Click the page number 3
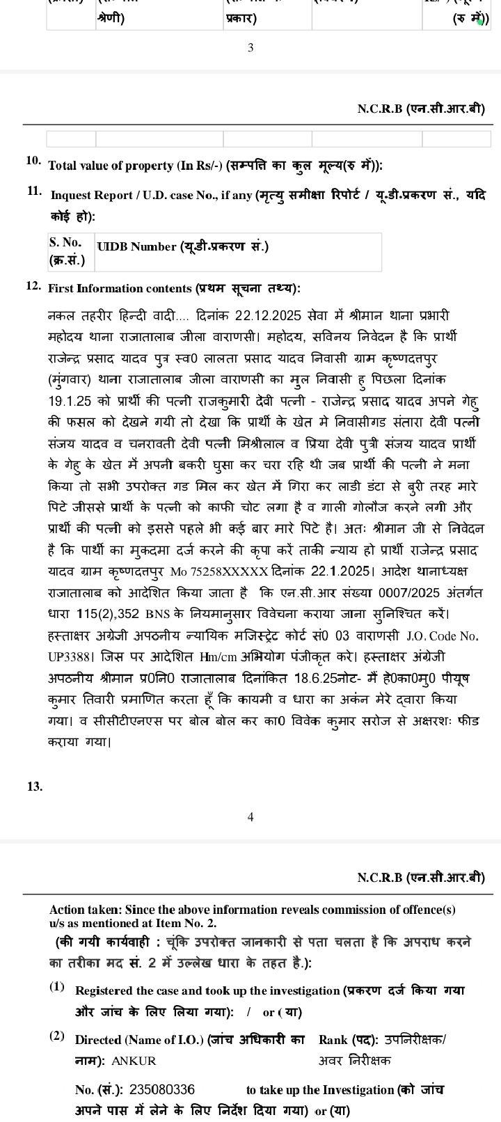point(250,47)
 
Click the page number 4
point(250,817)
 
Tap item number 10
point(33,161)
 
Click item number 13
point(35,787)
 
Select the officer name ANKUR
point(134,1061)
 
